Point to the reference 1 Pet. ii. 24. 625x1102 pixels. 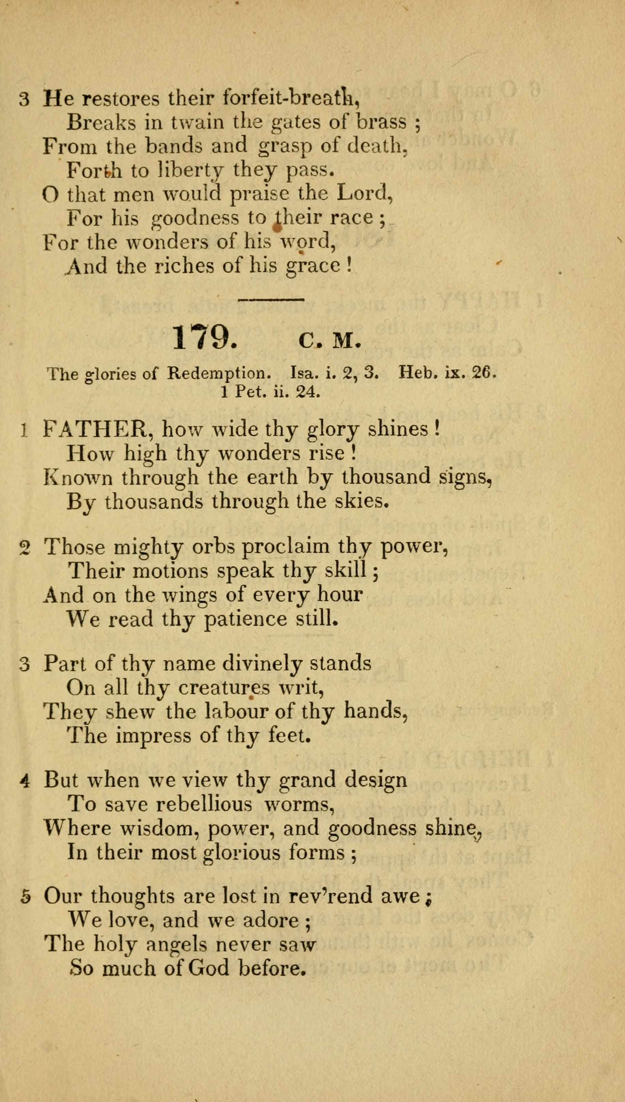click(271, 392)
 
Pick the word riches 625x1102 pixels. click(184, 266)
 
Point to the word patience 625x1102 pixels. click(245, 619)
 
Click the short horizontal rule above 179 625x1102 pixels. click(271, 299)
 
